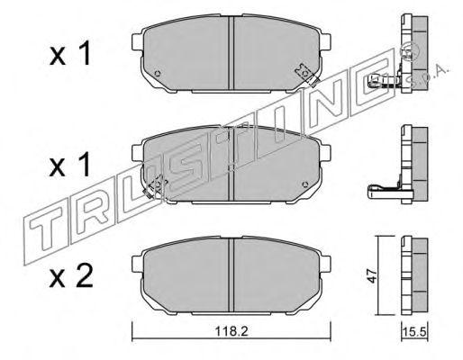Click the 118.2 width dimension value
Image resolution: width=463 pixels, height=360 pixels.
231,331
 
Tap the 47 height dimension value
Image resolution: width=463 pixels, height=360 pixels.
373,276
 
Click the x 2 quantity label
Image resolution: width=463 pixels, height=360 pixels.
71,277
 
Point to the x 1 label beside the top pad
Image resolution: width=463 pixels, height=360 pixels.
70,54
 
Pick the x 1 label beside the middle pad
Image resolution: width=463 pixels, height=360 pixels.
70,165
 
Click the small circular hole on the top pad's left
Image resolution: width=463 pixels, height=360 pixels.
157,73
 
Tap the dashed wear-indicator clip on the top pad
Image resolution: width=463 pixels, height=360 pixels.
306,75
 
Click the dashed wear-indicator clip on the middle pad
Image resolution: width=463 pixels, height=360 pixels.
155,186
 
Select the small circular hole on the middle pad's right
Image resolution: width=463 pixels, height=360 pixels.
305,184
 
